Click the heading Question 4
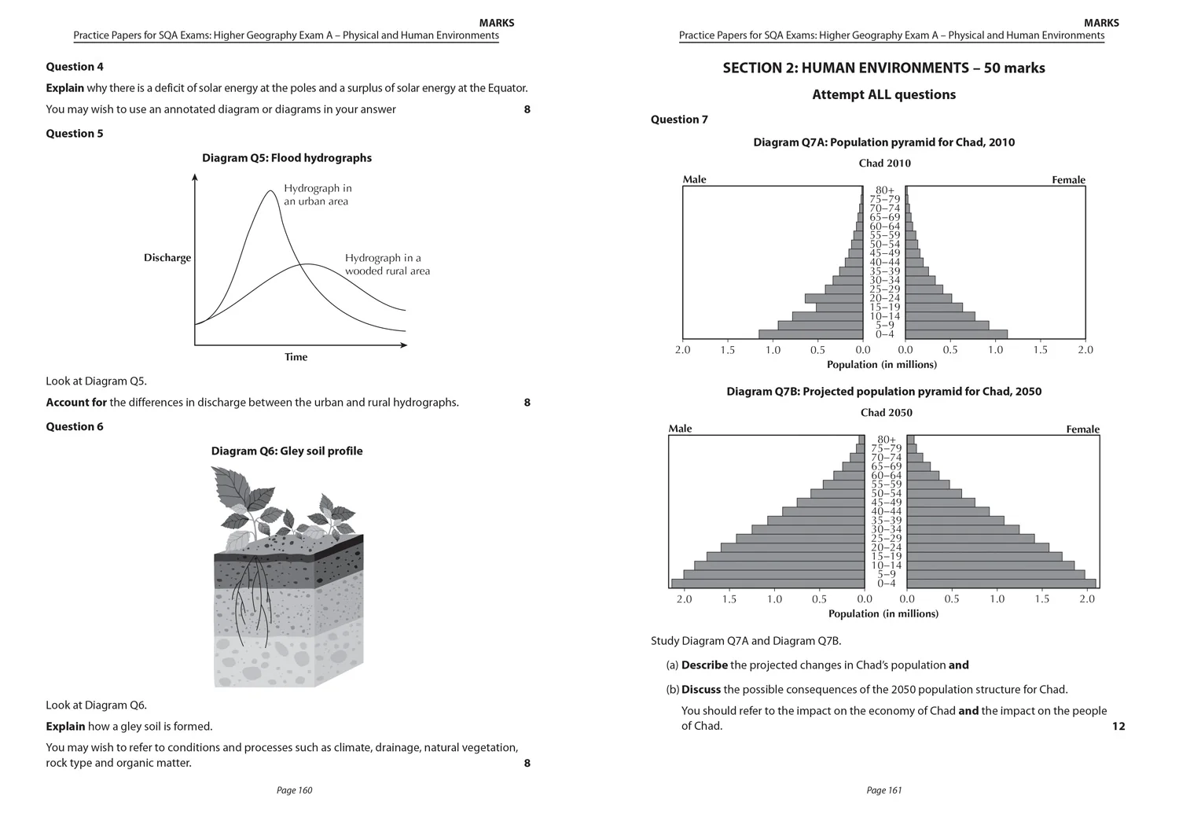[75, 67]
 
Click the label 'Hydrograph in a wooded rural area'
[387, 264]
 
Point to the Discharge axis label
[167, 258]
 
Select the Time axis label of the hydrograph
[296, 357]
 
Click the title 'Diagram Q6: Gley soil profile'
[287, 451]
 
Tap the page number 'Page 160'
[294, 790]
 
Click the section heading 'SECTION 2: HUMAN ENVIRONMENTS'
[883, 68]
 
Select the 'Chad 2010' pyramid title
[884, 164]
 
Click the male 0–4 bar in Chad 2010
[810, 334]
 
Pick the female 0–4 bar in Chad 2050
[1001, 584]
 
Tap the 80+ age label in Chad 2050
[886, 440]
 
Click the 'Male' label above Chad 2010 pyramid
[694, 179]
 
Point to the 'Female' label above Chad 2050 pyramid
[1082, 429]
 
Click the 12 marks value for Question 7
[1118, 726]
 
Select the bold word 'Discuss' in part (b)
[700, 690]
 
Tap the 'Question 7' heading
[679, 120]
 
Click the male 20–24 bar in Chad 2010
[833, 298]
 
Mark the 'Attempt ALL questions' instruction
[883, 94]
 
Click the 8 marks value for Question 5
[527, 403]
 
